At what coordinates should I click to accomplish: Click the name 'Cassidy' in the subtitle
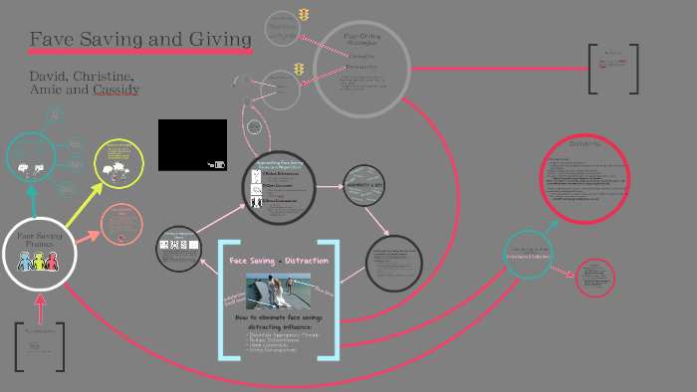[116, 90]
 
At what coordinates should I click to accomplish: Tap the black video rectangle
[192, 144]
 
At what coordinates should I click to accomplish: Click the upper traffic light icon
[303, 16]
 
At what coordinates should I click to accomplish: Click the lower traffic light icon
[299, 70]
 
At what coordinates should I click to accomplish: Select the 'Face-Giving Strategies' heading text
[362, 40]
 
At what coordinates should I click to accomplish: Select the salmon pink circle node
[123, 225]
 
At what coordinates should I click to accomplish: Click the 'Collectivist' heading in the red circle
[583, 144]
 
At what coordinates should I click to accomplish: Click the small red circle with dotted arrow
[595, 277]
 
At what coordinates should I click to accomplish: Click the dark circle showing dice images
[180, 248]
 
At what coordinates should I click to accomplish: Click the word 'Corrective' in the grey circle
[361, 57]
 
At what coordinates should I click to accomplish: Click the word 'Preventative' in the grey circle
[361, 67]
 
